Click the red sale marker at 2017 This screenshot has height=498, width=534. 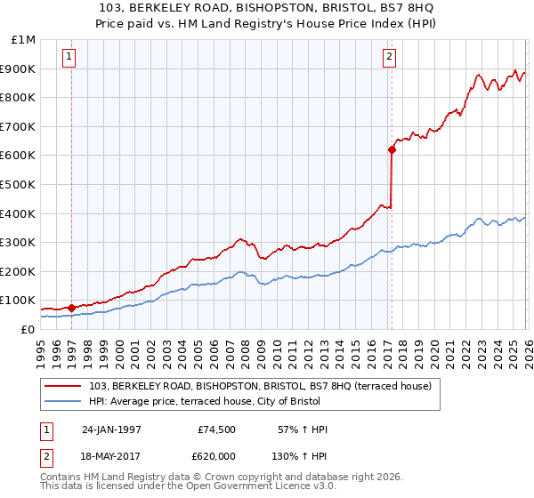point(391,149)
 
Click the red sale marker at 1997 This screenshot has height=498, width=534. point(71,308)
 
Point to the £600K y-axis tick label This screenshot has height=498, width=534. point(18,155)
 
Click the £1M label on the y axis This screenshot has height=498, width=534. point(22,39)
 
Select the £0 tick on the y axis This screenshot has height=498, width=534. point(27,329)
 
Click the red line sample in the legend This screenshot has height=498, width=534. point(63,385)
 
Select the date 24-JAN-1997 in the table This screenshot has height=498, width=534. point(111,430)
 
